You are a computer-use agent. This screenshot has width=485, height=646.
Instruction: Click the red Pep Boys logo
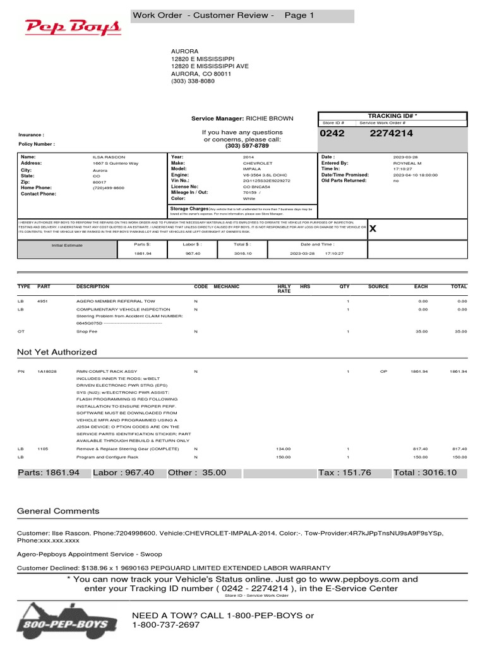[73, 27]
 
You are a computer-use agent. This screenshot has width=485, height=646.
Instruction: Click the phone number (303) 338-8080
[193, 81]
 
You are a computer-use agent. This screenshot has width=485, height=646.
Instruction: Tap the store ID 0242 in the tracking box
[333, 134]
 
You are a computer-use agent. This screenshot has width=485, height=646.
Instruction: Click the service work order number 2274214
[392, 134]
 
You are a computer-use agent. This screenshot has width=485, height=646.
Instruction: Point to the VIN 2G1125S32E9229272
[266, 180]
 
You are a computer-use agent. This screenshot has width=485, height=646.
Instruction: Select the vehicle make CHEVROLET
[258, 163]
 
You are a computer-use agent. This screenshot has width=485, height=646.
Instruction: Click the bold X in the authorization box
[373, 229]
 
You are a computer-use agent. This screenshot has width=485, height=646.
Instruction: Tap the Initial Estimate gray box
[67, 245]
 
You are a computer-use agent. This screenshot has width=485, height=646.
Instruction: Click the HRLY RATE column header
[284, 289]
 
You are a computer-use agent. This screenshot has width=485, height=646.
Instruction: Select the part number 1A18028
[47, 372]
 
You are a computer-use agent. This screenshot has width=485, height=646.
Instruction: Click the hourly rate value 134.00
[284, 449]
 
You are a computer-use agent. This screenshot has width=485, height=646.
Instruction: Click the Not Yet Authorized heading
[57, 352]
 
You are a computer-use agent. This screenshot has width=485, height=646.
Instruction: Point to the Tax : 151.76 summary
[345, 473]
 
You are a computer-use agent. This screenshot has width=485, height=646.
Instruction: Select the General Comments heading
[58, 511]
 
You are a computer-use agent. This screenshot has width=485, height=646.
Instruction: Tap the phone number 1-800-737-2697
[165, 625]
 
